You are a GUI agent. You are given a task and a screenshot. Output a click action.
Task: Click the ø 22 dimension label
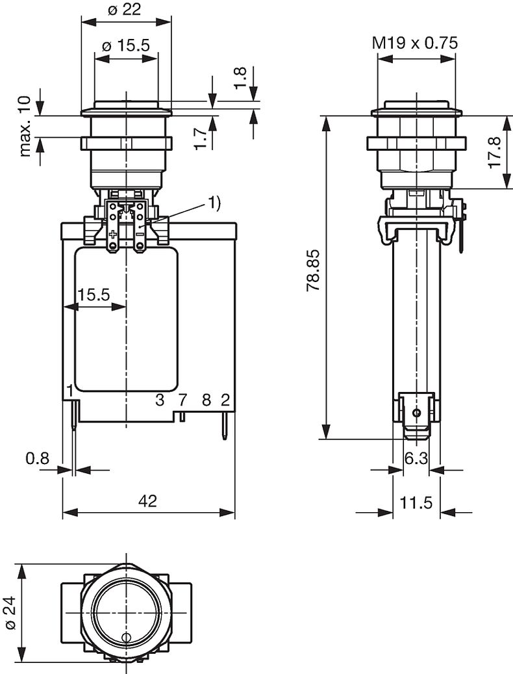click(124, 10)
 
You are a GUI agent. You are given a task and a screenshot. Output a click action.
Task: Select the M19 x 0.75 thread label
click(415, 43)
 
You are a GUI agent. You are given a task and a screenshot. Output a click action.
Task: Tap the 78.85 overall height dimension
click(314, 270)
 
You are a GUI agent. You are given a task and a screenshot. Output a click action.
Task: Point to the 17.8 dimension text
click(495, 153)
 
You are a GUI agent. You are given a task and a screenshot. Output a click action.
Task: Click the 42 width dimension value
click(147, 500)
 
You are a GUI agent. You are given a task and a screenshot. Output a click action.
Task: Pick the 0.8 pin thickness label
click(38, 459)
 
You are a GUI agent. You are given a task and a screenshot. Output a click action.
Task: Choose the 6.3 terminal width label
click(416, 459)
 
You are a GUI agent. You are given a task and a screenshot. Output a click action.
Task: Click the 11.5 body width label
click(416, 502)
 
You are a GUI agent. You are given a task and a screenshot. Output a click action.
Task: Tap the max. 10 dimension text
click(25, 126)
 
